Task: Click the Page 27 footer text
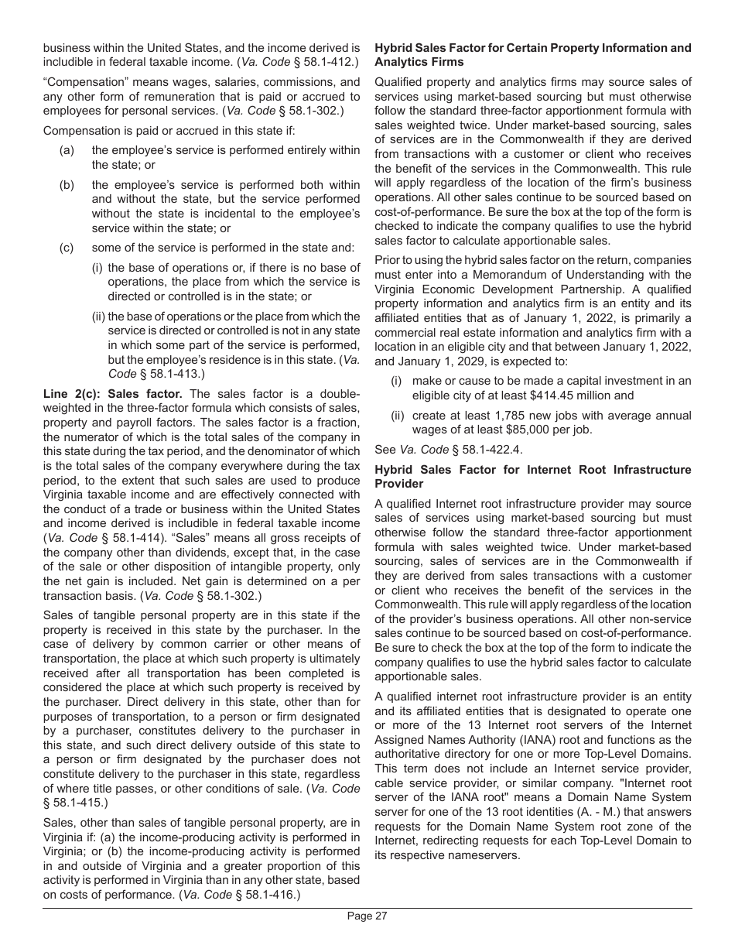(367, 916)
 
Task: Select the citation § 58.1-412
(320, 60)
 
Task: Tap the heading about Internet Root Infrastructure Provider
(533, 476)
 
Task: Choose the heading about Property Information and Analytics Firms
(533, 55)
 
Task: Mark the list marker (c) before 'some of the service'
(67, 248)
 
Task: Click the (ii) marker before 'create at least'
(397, 416)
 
